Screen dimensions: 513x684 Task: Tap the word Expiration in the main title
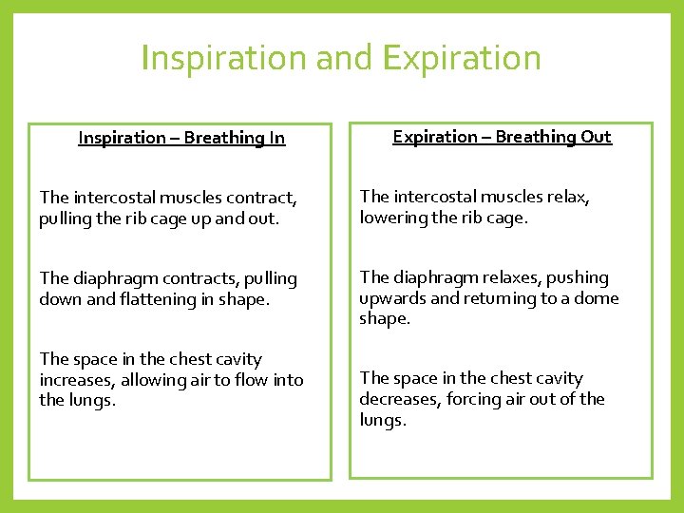tap(462, 58)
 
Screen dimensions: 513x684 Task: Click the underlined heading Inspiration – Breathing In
tap(181, 138)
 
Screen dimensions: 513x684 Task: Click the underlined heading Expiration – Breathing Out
tap(503, 137)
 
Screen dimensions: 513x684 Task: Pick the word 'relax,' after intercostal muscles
tap(566, 197)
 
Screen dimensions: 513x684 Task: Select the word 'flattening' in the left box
tap(153, 299)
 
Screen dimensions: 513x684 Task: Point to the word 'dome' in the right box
tap(598, 298)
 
